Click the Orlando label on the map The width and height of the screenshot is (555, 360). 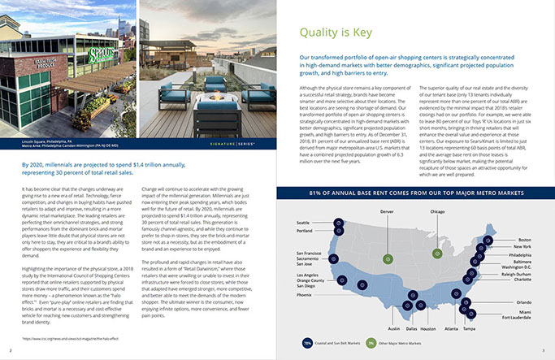point(523,303)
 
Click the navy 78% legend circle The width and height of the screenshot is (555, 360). point(307,344)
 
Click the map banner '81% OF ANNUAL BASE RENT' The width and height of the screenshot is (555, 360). point(416,193)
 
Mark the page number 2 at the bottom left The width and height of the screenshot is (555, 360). point(10,350)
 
